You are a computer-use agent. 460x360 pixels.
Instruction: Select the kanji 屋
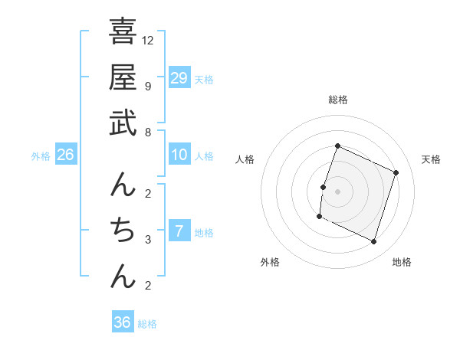123,77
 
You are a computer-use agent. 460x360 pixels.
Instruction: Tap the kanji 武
123,123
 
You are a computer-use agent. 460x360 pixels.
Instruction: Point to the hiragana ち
123,230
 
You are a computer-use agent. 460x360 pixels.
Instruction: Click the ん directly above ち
123,185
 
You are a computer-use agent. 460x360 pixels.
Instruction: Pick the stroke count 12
148,40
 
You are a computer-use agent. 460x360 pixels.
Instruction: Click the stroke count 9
148,86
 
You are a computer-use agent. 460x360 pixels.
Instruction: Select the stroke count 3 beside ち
148,240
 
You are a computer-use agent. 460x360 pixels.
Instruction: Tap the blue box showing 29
179,78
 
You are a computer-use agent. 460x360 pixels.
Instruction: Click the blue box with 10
179,155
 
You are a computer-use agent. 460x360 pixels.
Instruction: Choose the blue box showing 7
179,231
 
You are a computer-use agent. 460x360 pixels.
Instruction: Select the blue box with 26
65,155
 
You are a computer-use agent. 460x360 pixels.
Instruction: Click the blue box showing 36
123,322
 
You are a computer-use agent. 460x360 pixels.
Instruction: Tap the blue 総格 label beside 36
147,324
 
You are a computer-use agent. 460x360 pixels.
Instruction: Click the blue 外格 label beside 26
41,156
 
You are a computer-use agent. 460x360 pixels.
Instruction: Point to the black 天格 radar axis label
431,159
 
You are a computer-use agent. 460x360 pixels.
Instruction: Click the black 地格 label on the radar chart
402,262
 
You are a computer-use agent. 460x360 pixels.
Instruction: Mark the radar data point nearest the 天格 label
396,173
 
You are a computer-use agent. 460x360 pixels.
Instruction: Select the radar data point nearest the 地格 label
374,242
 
